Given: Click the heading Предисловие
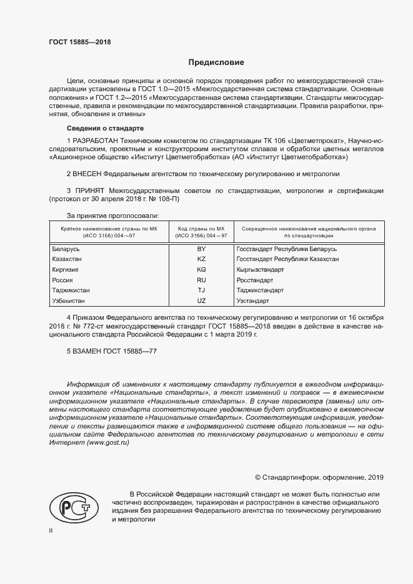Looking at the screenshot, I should pos(216,62).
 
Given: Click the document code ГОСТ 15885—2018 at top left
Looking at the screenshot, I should pos(76,42).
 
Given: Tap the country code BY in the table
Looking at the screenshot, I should pos(201,249).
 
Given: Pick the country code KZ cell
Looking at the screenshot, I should pos(201,259).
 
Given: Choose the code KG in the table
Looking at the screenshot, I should pos(201,269).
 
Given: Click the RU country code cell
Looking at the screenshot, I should pos(201,280).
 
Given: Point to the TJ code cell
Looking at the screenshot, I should pos(201,290).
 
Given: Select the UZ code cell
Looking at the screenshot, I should pos(201,301).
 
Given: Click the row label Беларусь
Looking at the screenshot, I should pos(66,249).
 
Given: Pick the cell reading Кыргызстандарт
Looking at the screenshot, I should pos(260,269).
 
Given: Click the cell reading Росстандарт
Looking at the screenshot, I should pos(255,280).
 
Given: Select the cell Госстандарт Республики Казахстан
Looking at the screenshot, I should pos(288,259).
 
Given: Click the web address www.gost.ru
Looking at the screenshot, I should pos(108,442).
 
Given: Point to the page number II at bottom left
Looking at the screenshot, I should pos(51,530).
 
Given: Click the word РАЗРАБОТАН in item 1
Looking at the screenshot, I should pos(96,141).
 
